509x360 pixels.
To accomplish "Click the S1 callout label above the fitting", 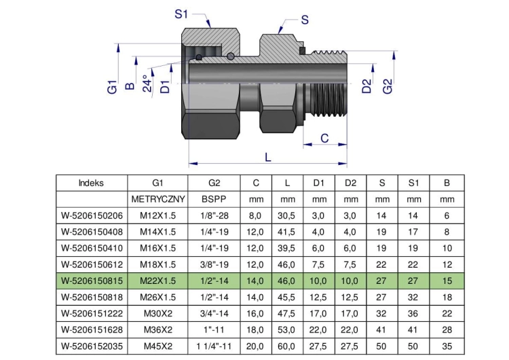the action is click(x=181, y=14).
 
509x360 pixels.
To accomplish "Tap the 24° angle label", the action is click(x=147, y=84).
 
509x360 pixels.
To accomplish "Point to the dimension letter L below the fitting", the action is click(x=268, y=158).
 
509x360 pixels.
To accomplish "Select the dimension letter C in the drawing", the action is click(x=324, y=139).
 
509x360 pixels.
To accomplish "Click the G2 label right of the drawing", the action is click(x=388, y=86).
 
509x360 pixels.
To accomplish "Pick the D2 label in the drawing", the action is click(x=366, y=86).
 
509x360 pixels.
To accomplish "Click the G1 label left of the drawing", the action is click(x=112, y=87).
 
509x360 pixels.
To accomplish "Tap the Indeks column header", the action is click(x=91, y=183).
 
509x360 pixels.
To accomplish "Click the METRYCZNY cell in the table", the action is click(x=158, y=199).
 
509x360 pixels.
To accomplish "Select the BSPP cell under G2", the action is click(x=214, y=199).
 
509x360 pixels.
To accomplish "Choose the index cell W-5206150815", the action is click(x=92, y=281).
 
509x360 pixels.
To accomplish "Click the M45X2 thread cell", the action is click(x=158, y=346).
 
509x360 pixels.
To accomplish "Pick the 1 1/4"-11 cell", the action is click(x=214, y=346).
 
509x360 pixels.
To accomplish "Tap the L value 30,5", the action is click(x=286, y=215).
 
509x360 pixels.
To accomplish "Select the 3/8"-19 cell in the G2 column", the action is click(x=214, y=264).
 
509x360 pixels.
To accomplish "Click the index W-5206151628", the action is click(x=92, y=330).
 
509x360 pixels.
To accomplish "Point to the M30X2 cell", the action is click(x=158, y=314).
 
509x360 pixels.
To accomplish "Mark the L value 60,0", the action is click(x=286, y=346).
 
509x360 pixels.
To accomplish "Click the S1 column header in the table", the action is click(x=413, y=183).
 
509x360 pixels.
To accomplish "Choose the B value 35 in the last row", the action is click(x=447, y=346).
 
